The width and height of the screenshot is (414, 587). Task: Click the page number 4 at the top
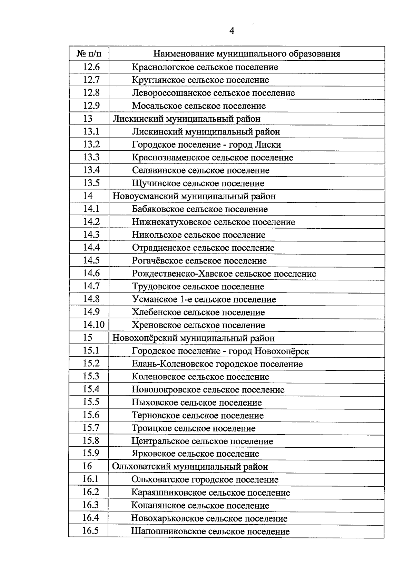pos(232,31)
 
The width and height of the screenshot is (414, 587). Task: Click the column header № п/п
pos(89,54)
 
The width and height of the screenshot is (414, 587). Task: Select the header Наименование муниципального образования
pos(246,54)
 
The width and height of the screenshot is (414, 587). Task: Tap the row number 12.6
pos(91,67)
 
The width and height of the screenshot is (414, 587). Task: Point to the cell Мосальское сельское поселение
pos(199,106)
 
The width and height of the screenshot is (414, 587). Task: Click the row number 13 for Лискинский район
pos(88,119)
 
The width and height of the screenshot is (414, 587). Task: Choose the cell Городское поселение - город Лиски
pos(206,145)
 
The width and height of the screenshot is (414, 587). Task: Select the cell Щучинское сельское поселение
pos(198,183)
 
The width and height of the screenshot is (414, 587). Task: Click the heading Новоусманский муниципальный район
pos(194,196)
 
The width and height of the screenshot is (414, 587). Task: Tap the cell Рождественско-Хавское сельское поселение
pos(224,274)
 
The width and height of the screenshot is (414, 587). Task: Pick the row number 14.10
pos(93,325)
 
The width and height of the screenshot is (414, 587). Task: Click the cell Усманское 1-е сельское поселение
pos(204,299)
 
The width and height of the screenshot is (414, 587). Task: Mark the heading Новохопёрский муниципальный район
pos(194,338)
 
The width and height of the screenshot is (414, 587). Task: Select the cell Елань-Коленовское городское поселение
pos(217,364)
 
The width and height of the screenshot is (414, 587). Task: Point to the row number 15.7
pos(91,428)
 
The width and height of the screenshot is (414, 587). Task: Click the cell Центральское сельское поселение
pos(202,441)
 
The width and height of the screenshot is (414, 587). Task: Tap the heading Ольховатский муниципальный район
pos(190,467)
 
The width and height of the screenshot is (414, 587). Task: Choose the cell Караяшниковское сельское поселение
pos(210,493)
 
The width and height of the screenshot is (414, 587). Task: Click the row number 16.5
pos(90,531)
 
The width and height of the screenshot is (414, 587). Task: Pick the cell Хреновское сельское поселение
pos(198,325)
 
